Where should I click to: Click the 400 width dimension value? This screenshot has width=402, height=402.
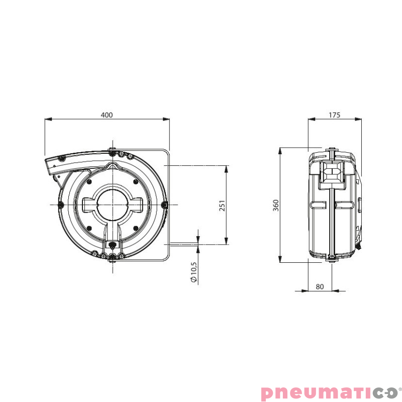107,115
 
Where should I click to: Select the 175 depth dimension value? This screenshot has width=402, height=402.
334,115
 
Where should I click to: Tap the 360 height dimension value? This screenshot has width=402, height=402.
275,205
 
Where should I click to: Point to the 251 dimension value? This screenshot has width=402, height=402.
222,205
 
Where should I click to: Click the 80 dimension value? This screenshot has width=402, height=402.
320,286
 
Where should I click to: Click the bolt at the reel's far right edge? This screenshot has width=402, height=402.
164,205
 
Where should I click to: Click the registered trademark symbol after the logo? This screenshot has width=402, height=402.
399,388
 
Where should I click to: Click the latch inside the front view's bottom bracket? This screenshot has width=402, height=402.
113,245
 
